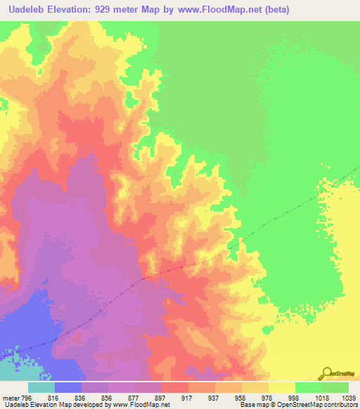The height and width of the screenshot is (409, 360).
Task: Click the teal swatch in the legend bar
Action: coord(41,387)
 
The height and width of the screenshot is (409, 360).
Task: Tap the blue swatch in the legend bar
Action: coord(68,387)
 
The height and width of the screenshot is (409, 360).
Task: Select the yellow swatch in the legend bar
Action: coord(282,387)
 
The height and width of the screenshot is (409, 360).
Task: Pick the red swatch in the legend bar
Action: coord(175,387)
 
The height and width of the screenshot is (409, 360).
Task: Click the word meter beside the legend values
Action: coord(9,397)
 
